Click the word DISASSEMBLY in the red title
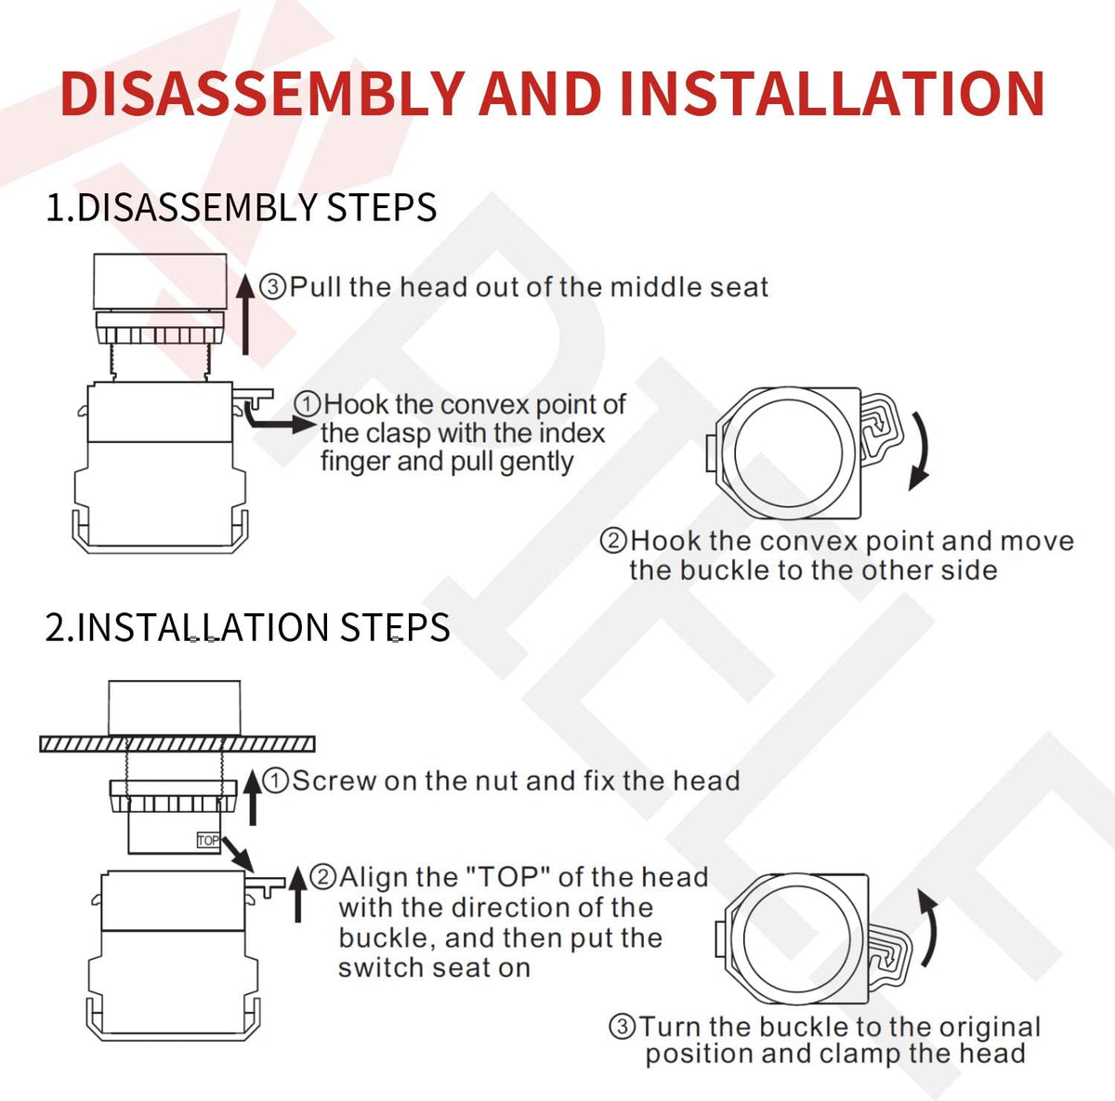[x=262, y=94]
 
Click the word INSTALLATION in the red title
[x=832, y=94]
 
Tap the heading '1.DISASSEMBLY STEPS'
[x=241, y=207]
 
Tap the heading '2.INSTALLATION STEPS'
[x=247, y=627]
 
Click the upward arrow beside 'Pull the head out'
[x=245, y=314]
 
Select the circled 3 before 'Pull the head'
[x=272, y=287]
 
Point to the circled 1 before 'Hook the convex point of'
[x=307, y=403]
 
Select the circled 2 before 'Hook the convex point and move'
[x=612, y=540]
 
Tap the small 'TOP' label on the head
[x=208, y=841]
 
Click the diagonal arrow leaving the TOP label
[x=238, y=854]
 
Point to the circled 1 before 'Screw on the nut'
[x=275, y=780]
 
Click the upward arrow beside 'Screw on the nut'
[x=253, y=798]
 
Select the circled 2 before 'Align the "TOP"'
[x=322, y=878]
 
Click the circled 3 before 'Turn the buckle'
[x=622, y=1027]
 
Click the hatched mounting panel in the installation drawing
[x=177, y=743]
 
